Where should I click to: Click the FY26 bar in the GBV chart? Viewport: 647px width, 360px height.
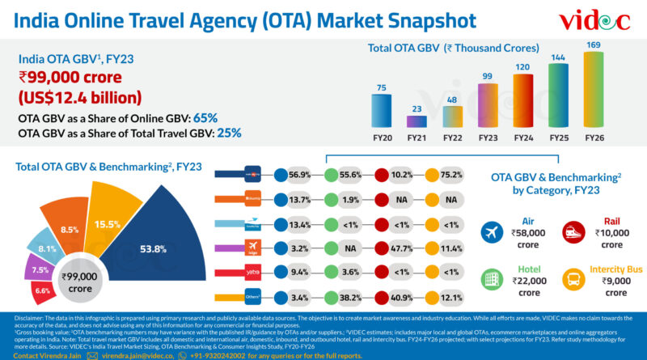click(x=594, y=90)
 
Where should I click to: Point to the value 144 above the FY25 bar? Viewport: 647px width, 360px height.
click(x=557, y=58)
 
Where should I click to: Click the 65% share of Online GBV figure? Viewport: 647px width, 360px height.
click(x=205, y=118)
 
